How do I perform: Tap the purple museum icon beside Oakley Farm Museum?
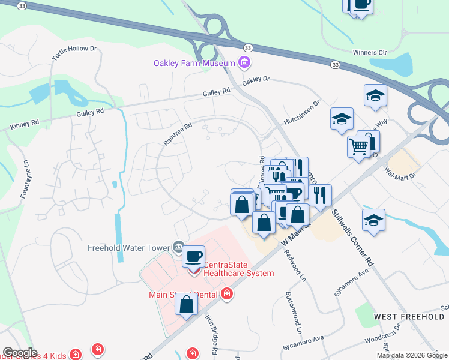[244, 62]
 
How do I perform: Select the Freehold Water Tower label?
[129, 247]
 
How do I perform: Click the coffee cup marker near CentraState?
[193, 257]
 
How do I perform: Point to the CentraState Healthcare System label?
[238, 269]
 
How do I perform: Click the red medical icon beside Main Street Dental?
[226, 293]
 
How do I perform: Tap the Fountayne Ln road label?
[25, 179]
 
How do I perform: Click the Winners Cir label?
[369, 53]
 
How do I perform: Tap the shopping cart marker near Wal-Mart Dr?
[358, 146]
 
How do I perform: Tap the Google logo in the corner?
[20, 353]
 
